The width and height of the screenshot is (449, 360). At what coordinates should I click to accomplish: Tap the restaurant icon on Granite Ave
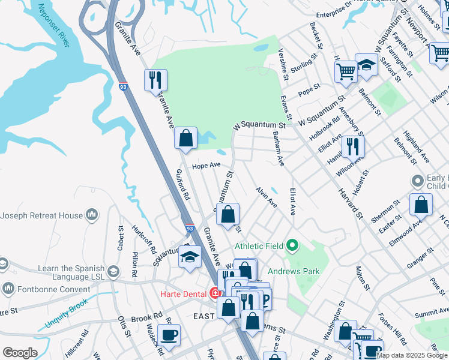coord(156,79)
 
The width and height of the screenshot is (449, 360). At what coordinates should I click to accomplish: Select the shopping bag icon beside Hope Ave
coord(186,137)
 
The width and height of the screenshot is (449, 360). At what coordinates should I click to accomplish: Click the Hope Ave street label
coord(206,165)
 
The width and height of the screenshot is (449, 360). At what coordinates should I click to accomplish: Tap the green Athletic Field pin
coord(292,245)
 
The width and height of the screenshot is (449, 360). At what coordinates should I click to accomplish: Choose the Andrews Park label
coord(294,271)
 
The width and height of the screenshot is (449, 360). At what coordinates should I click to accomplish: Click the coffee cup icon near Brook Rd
coord(169,335)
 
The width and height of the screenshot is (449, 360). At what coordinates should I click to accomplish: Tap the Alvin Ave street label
coord(266,197)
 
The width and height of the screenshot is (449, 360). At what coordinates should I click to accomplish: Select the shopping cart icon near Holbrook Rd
coord(346,71)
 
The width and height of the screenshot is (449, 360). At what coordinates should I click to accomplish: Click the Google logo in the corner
coord(20,353)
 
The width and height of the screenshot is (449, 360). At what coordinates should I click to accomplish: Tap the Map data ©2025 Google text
coord(412,355)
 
